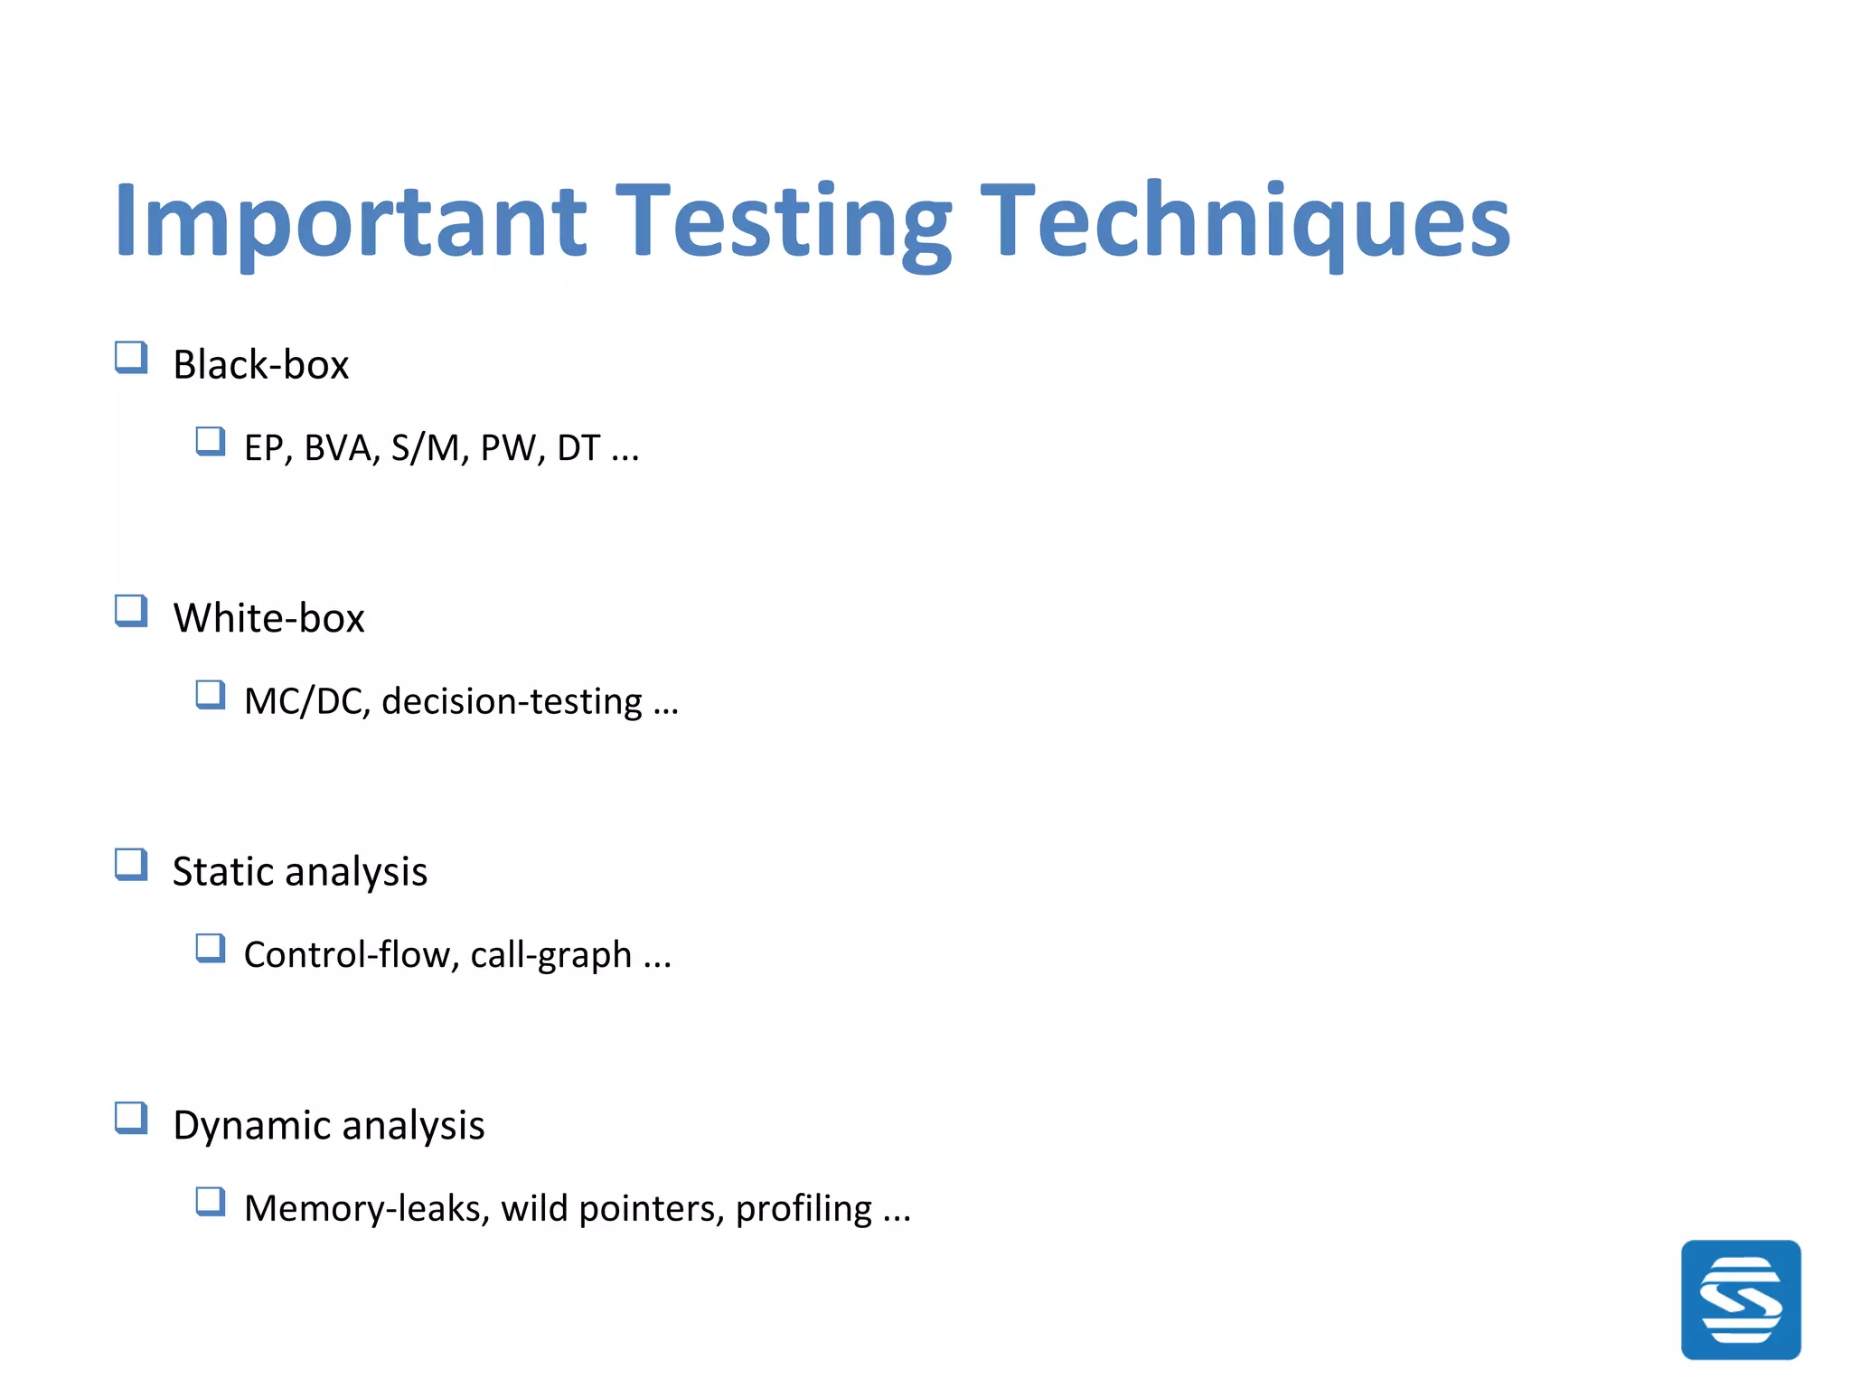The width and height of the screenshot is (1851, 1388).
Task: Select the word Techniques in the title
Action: pos(1245,221)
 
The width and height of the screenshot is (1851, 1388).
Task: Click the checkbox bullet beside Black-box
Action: pos(131,358)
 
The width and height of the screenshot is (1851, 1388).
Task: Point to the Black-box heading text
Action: pos(260,365)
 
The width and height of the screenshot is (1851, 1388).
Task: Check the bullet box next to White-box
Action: pos(131,612)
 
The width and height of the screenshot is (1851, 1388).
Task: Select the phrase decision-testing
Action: pos(512,702)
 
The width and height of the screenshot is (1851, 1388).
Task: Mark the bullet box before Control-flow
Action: pos(211,949)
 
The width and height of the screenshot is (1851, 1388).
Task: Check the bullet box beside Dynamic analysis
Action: pos(131,1119)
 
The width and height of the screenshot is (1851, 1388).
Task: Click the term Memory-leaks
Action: pos(367,1209)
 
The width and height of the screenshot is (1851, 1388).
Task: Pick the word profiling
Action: pos(803,1209)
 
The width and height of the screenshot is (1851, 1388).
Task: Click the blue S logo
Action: pos(1741,1299)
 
